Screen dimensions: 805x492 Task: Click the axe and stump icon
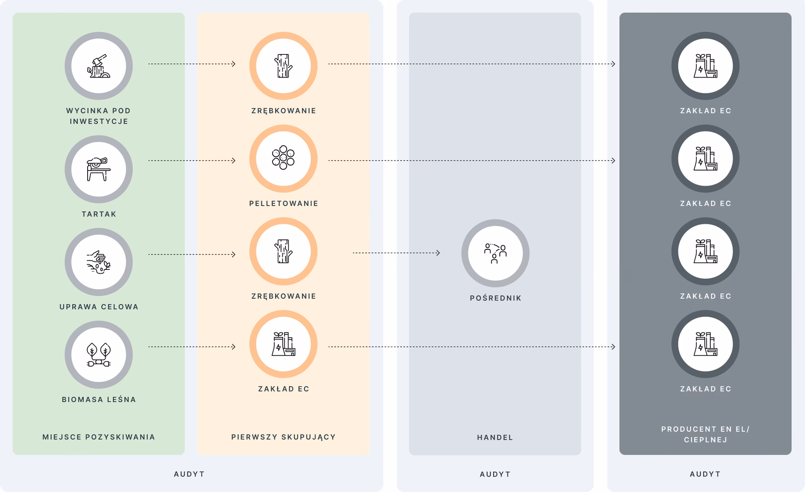point(99,66)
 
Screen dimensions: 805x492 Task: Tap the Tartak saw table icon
point(99,169)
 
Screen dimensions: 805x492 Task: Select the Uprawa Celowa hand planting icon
point(99,262)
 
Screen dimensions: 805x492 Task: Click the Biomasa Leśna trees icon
point(99,355)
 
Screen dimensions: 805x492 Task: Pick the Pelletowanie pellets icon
point(283,158)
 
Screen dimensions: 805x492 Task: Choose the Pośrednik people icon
point(495,253)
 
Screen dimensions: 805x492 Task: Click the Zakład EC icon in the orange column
point(283,344)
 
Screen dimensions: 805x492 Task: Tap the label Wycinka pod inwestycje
point(99,116)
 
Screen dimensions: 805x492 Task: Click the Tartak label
point(99,214)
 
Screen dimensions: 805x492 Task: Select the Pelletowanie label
point(284,204)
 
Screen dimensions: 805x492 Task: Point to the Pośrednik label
point(496,298)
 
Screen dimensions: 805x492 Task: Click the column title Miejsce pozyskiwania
point(99,437)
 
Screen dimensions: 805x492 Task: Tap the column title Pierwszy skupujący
point(283,437)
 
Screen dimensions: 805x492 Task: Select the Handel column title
point(495,438)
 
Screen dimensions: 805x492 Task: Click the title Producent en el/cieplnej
point(706,434)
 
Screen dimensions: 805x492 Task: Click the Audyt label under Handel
point(495,474)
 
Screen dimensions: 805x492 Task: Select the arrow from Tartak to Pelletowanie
point(192,161)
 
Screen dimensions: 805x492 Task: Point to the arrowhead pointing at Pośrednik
point(438,253)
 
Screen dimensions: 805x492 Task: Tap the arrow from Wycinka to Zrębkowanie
point(192,64)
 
